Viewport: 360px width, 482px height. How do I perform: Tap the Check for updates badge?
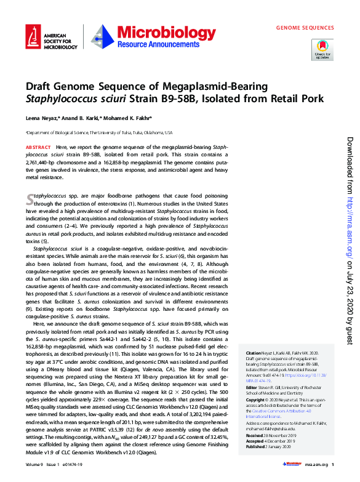[x=323, y=49]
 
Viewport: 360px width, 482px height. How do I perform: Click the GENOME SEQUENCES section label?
[x=305, y=28]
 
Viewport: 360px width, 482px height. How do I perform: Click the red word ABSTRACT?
[x=38, y=148]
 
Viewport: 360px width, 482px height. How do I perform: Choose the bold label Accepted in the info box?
[x=256, y=456]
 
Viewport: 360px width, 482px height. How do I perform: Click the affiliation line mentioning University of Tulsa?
[x=98, y=132]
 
